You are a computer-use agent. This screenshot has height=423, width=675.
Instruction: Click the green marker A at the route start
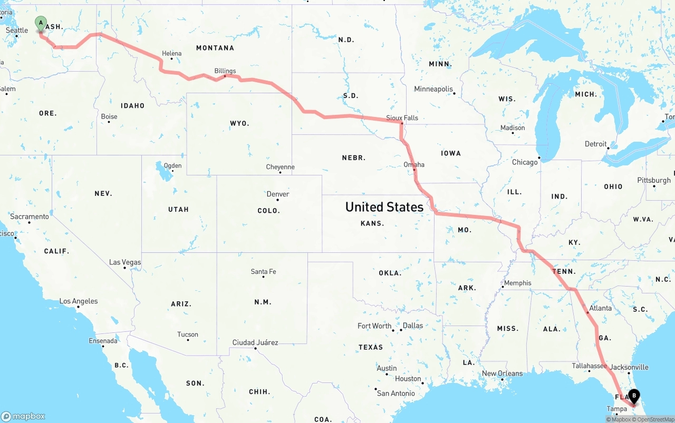pos(41,24)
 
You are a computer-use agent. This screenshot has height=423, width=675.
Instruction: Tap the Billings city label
pos(225,71)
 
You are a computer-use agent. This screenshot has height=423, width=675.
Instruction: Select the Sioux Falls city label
pos(402,117)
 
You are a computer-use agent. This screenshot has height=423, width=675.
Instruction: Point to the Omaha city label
pos(414,164)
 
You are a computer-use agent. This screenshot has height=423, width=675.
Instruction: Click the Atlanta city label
pos(600,308)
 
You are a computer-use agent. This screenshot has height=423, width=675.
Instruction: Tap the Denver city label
pos(278,194)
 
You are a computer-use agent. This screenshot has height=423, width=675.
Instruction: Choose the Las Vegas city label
pos(125,262)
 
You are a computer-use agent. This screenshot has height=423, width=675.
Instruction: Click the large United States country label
pos(384,207)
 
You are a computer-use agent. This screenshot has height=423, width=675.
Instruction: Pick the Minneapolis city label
pos(433,89)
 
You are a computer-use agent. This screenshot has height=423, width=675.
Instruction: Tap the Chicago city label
pos(525,162)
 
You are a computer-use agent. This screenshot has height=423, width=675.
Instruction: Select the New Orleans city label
pos(502,373)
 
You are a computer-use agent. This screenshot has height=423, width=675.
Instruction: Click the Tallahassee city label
pos(589,366)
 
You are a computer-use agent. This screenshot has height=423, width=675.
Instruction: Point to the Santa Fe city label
pos(263,271)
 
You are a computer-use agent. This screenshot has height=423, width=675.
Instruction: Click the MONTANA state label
pos(215,48)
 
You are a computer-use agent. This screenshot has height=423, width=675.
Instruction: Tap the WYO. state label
pos(239,123)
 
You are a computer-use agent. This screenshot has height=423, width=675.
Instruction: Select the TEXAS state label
pos(371,347)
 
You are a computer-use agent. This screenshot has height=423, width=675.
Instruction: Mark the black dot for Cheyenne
pos(280,172)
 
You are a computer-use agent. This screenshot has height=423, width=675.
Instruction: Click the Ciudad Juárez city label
pos(255,342)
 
